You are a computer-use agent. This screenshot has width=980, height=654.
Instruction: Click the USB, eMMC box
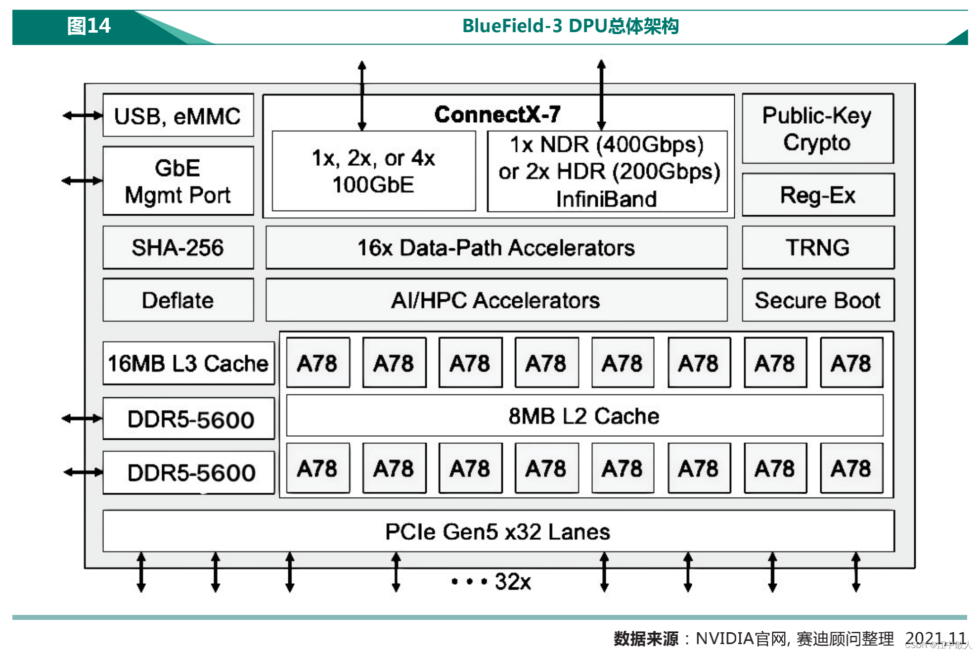click(x=178, y=116)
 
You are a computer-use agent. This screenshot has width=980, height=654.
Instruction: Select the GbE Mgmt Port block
click(x=178, y=181)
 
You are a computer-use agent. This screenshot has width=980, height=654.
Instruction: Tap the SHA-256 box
click(x=178, y=247)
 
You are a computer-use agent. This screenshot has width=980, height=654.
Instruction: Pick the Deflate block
click(x=178, y=300)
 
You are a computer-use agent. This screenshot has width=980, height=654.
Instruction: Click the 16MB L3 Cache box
click(x=188, y=364)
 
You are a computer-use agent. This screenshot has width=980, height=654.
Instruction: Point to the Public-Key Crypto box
click(x=817, y=129)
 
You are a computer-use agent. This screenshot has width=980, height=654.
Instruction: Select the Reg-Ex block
click(x=818, y=195)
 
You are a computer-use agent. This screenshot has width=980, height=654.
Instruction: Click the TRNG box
click(x=818, y=247)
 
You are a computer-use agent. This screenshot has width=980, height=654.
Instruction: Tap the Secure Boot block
click(x=818, y=300)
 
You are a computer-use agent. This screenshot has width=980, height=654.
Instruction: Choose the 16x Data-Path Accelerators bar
click(x=496, y=247)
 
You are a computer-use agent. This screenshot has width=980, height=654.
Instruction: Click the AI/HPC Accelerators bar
click(x=496, y=300)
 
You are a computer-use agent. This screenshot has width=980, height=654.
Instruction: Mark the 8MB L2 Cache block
click(x=584, y=416)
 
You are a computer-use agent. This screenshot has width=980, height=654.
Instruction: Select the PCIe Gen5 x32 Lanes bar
click(x=498, y=532)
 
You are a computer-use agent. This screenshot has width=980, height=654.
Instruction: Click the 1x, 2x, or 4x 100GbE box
click(x=374, y=171)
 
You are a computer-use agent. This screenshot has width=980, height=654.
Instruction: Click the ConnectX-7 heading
click(x=497, y=114)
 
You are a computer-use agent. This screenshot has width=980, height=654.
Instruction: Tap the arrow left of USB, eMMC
click(x=82, y=116)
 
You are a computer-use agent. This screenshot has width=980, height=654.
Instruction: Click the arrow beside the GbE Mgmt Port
click(x=82, y=181)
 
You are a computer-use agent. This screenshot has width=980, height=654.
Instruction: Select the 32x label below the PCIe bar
click(x=513, y=582)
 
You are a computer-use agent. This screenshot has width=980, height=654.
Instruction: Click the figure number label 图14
click(x=89, y=26)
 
